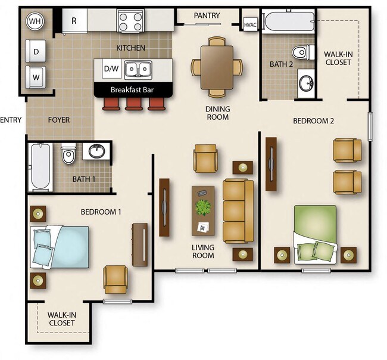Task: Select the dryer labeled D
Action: click(x=35, y=52)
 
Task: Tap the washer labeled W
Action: click(x=35, y=77)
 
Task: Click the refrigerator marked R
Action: click(x=74, y=21)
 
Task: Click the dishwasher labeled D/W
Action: click(x=111, y=69)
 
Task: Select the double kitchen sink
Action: click(x=137, y=70)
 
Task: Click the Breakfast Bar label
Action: click(x=133, y=90)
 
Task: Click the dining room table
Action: click(x=216, y=66)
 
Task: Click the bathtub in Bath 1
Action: click(x=40, y=166)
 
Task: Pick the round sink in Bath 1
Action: click(x=96, y=151)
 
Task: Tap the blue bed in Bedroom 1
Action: click(x=60, y=246)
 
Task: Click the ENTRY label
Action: click(x=11, y=120)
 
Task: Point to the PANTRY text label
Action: click(x=207, y=15)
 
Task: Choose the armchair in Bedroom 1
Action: click(x=115, y=279)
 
